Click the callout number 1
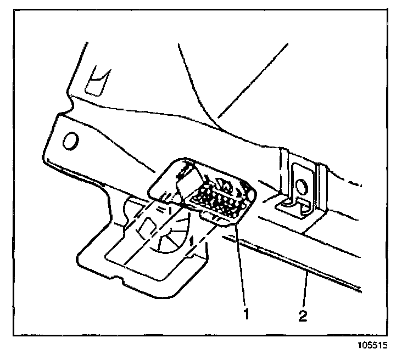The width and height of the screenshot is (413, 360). (x=246, y=314)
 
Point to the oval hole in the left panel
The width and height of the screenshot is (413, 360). (x=70, y=142)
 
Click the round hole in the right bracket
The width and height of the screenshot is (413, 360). (x=301, y=184)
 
